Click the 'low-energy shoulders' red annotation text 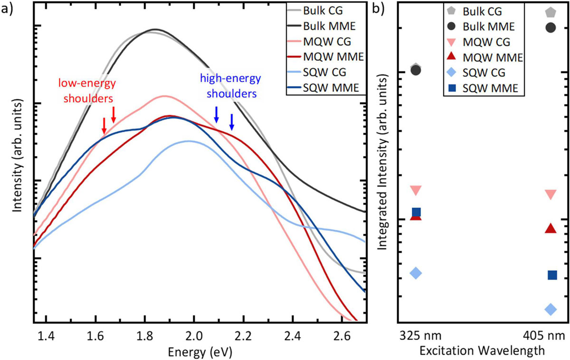click(x=87, y=90)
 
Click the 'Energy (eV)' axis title click(x=199, y=352)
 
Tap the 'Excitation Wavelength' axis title click(x=482, y=351)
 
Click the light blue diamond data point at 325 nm click(x=416, y=273)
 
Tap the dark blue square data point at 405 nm click(x=552, y=275)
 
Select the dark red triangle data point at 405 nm click(x=551, y=228)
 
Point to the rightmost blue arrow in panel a click(x=232, y=122)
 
